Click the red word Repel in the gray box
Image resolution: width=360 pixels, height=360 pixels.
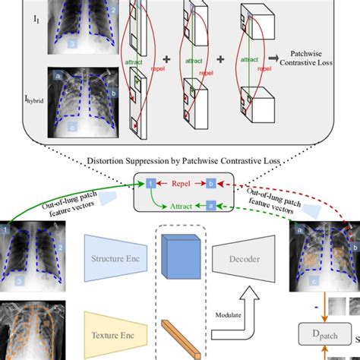(x=181, y=183)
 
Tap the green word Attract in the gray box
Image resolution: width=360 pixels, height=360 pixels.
(x=181, y=204)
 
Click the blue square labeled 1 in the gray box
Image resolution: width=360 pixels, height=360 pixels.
(x=151, y=183)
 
